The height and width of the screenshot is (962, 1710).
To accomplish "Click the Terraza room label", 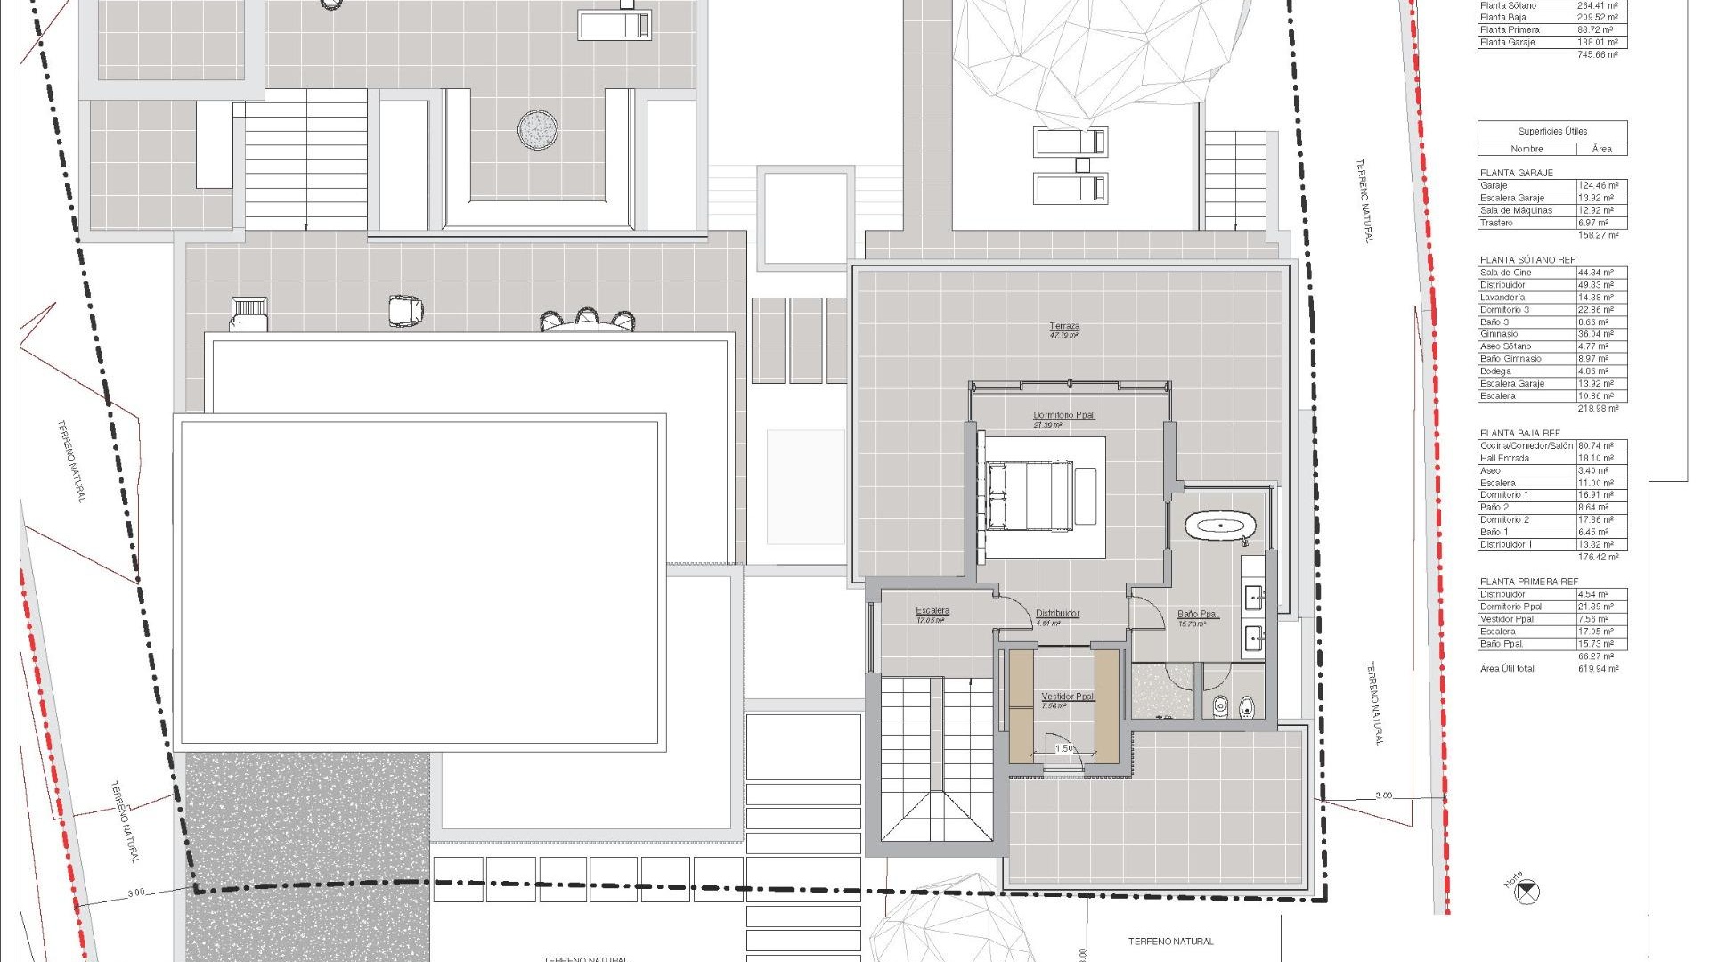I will pyautogui.click(x=1064, y=327).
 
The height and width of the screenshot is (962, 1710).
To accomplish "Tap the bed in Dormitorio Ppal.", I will pyautogui.click(x=1029, y=495).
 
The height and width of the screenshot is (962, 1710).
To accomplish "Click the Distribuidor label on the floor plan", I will pyautogui.click(x=1057, y=614).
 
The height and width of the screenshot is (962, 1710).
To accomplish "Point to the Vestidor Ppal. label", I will pyautogui.click(x=1067, y=697).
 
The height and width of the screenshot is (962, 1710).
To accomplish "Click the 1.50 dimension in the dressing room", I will pyautogui.click(x=1064, y=748).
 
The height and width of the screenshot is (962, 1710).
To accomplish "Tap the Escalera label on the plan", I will pyautogui.click(x=932, y=611).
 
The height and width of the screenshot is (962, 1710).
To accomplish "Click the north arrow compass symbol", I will pyautogui.click(x=1527, y=890).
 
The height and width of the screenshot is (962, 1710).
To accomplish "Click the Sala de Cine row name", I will pyautogui.click(x=1506, y=273).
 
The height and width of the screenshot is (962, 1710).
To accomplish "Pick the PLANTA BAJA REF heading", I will pyautogui.click(x=1520, y=433).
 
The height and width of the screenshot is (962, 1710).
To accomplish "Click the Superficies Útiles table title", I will pyautogui.click(x=1552, y=131).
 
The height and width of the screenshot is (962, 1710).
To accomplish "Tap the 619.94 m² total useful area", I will pyautogui.click(x=1599, y=669).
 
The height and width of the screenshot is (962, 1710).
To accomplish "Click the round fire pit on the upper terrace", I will pyautogui.click(x=538, y=130).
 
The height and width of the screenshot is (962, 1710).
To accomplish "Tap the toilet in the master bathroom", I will pyautogui.click(x=1249, y=707).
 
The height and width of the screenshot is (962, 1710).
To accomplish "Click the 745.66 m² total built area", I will pyautogui.click(x=1598, y=54).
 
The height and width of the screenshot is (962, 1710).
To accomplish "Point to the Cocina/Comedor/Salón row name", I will pyautogui.click(x=1527, y=445).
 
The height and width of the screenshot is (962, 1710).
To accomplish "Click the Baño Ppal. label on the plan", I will pyautogui.click(x=1197, y=614).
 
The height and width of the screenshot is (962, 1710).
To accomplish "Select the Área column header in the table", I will pyautogui.click(x=1601, y=149).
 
